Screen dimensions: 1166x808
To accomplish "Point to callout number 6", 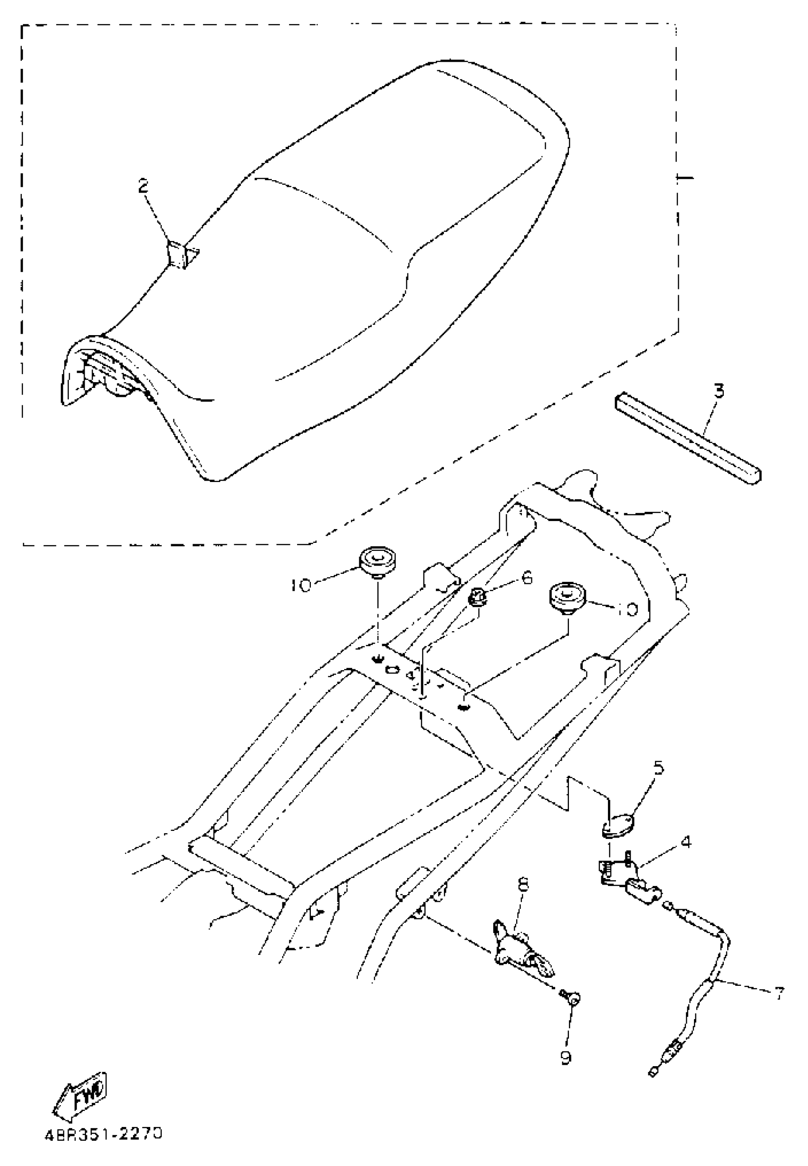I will pyautogui.click(x=527, y=577).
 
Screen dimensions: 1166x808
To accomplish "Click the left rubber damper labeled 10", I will pyautogui.click(x=377, y=561).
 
